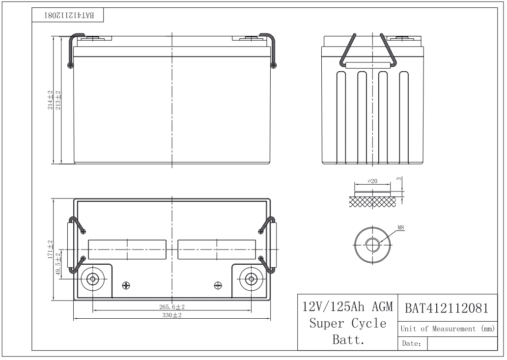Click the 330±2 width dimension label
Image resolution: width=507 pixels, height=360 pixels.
tap(171, 315)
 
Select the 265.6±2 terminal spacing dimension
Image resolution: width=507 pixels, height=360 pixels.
tap(171, 306)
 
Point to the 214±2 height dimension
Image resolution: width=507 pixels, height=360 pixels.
tap(50, 100)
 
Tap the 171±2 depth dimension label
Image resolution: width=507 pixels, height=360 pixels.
tap(50, 249)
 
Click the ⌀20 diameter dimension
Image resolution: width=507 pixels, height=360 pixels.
tap(373, 181)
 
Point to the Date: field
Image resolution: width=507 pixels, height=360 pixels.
tap(411, 344)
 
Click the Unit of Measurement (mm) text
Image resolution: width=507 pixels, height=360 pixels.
tap(447, 328)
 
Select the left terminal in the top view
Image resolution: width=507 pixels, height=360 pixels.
tap(92, 279)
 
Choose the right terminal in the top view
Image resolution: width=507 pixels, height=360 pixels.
tap(251, 279)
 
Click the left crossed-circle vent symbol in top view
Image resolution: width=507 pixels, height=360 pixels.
tap(126, 285)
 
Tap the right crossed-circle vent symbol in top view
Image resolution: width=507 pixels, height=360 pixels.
tap(218, 285)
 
